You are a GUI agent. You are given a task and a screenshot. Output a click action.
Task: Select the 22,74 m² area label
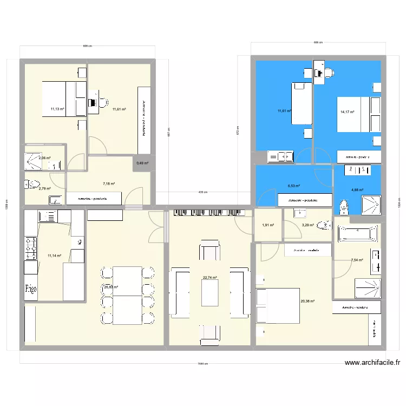tap(210, 278)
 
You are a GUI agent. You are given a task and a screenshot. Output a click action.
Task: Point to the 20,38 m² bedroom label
tap(307, 302)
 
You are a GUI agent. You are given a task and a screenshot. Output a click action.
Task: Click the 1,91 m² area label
tap(267, 225)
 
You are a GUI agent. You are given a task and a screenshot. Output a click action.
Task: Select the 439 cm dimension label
tap(202, 192)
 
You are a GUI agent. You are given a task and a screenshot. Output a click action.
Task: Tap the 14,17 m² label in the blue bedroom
tap(347, 112)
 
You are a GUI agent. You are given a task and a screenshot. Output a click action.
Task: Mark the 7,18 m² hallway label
tap(109, 184)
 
